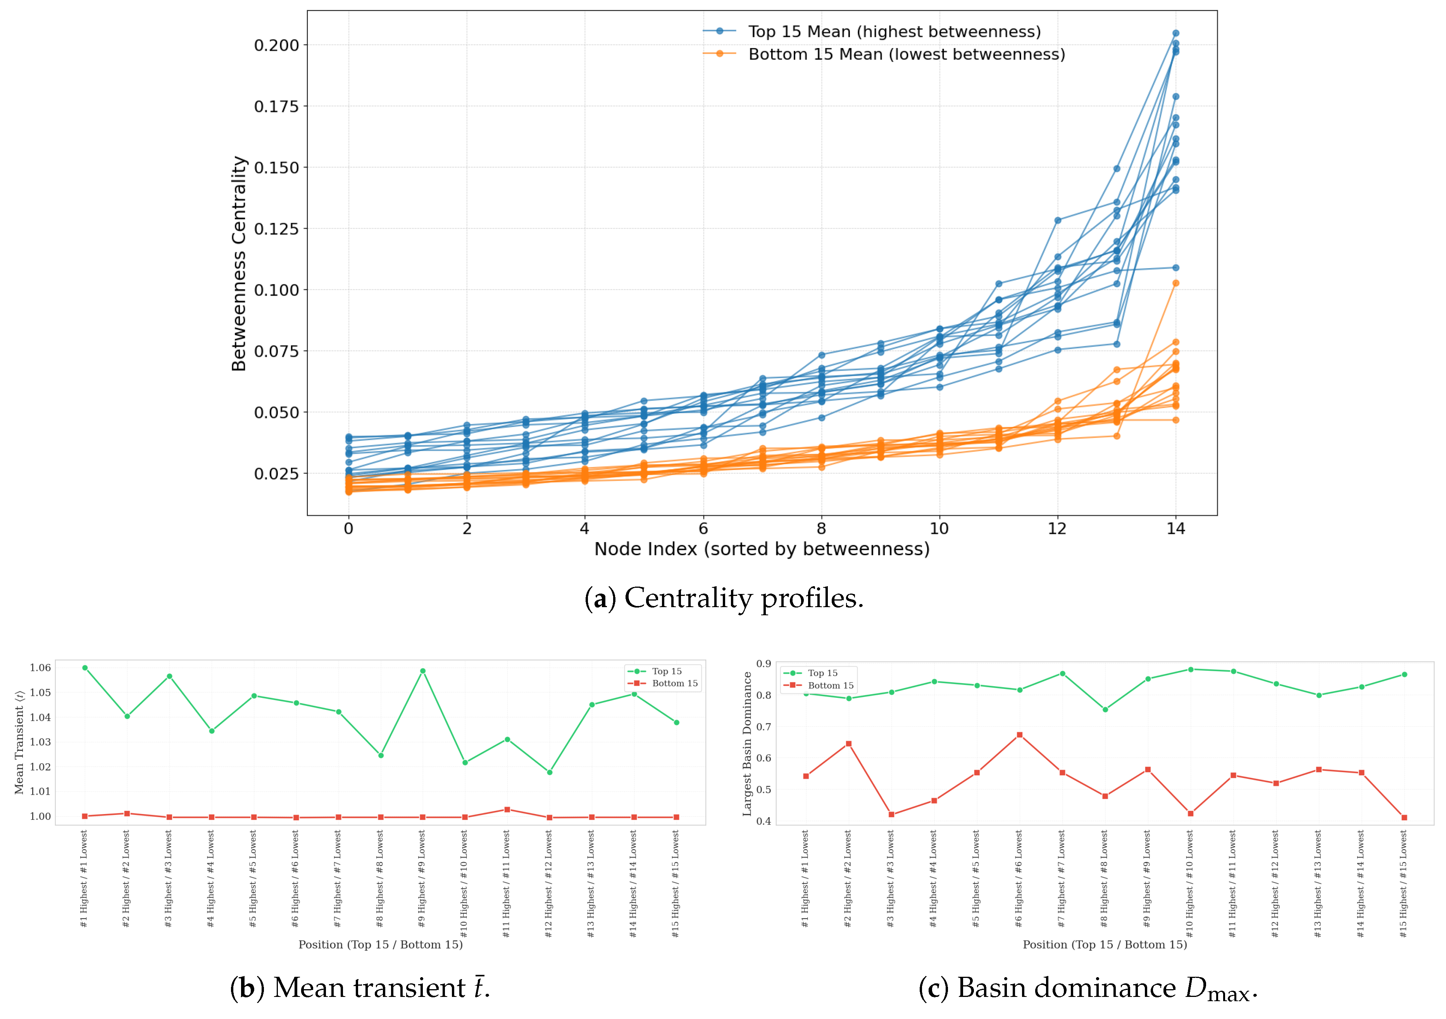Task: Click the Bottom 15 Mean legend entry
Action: pos(884,54)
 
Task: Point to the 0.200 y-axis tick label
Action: pos(276,45)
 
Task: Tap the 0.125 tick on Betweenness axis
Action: pos(276,229)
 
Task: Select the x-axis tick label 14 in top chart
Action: pos(1175,528)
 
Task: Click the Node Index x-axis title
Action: pos(762,549)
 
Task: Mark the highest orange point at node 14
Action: pos(1175,283)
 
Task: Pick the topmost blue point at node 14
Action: pos(1175,33)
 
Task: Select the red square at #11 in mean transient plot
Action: pos(507,810)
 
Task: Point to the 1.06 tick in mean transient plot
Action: pos(40,668)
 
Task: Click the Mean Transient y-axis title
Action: pos(19,742)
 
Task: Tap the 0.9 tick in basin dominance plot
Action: pos(764,664)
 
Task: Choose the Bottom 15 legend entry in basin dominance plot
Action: pos(818,685)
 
